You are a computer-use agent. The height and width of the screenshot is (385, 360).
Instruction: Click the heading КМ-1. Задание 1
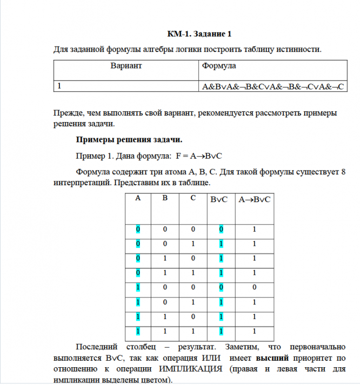point(199,34)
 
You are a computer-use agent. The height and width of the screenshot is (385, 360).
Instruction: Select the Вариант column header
point(126,66)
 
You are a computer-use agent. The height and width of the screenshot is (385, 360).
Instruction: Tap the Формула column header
point(218,66)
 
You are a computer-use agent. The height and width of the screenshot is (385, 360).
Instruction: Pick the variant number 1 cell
point(59,86)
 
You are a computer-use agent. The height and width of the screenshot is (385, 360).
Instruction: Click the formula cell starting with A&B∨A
point(273,86)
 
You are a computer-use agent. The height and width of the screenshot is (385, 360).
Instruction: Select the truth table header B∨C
point(219,199)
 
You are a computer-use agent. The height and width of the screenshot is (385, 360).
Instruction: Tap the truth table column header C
point(193,198)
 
